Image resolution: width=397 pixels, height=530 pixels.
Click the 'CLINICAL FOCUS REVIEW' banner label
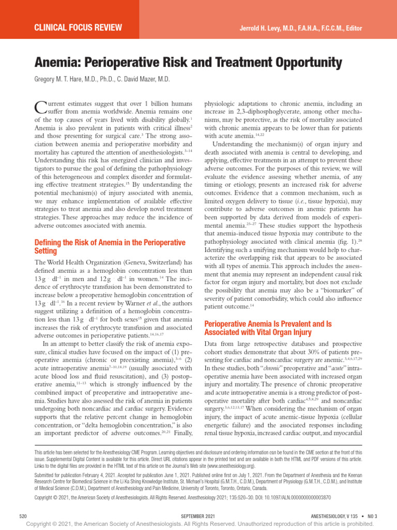[78, 27]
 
